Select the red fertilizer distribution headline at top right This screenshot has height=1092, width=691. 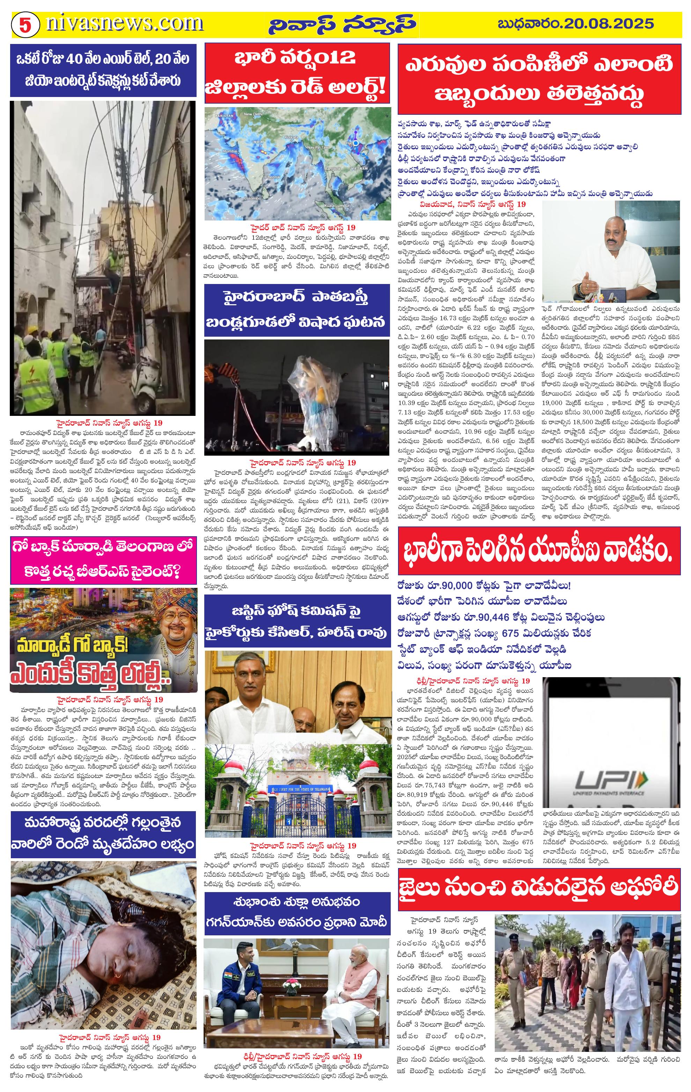pos(539,79)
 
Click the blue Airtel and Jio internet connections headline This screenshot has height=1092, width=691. pos(103,70)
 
